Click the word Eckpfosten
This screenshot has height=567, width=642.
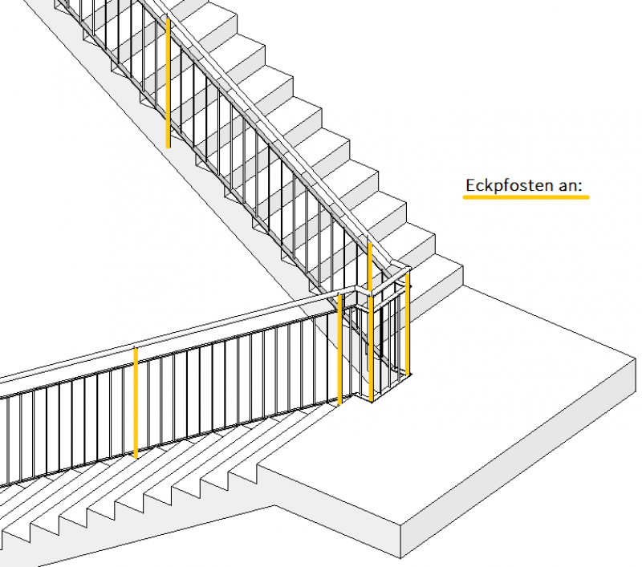[510, 185]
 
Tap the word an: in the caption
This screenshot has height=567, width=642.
[571, 186]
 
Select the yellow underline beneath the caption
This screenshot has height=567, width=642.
[526, 197]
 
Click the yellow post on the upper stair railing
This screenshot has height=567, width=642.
[168, 83]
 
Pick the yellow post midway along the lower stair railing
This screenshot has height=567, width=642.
[136, 403]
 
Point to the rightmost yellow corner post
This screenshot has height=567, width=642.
[408, 324]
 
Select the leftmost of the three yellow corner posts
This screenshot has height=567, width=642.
[339, 350]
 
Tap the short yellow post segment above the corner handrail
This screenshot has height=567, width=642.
[370, 266]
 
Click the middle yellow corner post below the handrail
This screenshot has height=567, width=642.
[371, 349]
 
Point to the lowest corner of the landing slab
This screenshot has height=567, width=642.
[400, 558]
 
